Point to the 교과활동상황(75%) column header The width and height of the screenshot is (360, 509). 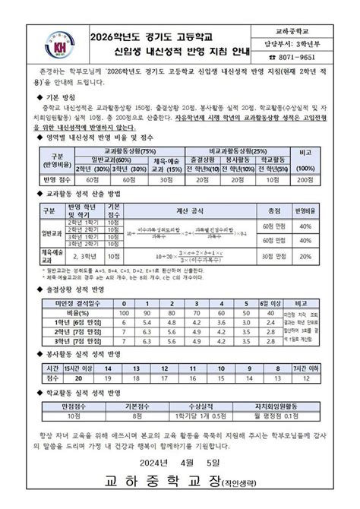pyautogui.click(x=128, y=152)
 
